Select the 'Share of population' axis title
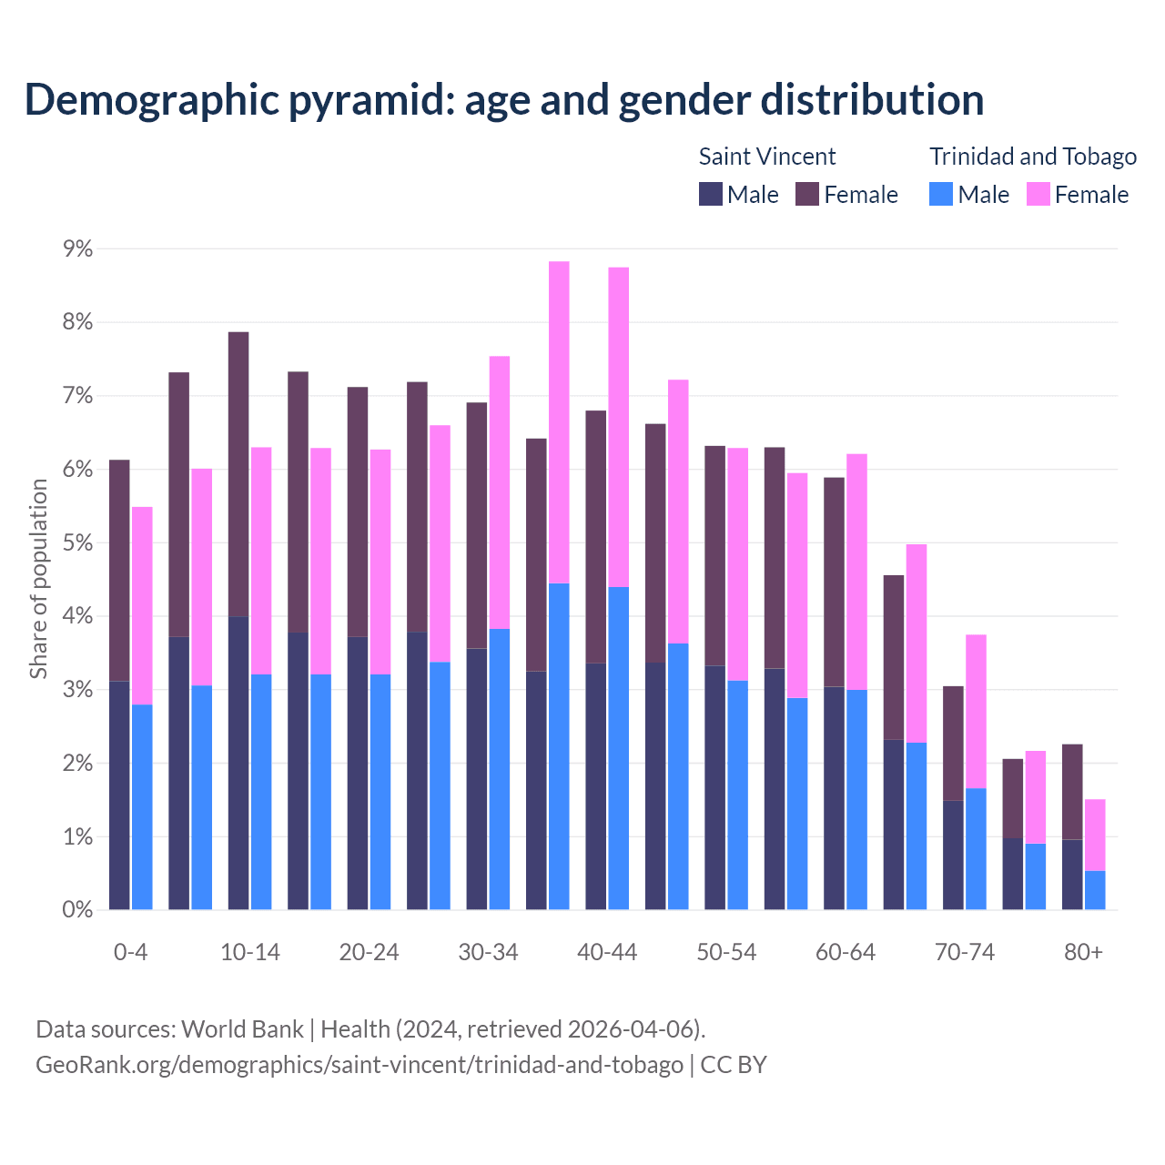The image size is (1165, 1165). tap(38, 579)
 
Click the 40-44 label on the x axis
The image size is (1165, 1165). tap(607, 952)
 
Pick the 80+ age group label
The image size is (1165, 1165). tap(1083, 952)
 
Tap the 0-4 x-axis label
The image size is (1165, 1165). tap(130, 952)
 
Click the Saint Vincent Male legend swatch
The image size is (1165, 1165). tap(711, 194)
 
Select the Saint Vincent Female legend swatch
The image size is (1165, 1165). tap(807, 194)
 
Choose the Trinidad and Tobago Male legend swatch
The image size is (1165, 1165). tap(941, 194)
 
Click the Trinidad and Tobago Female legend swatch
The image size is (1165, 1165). tap(1038, 194)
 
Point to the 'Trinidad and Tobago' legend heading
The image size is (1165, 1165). tap(1033, 157)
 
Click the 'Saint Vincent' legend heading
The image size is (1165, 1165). tap(766, 157)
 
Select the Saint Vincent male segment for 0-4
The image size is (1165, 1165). tap(119, 795)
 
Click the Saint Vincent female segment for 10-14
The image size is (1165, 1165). tap(238, 474)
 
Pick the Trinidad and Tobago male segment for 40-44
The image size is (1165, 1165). tap(619, 748)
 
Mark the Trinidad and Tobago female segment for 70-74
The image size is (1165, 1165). tap(976, 711)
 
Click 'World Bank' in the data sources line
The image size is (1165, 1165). tap(242, 1029)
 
